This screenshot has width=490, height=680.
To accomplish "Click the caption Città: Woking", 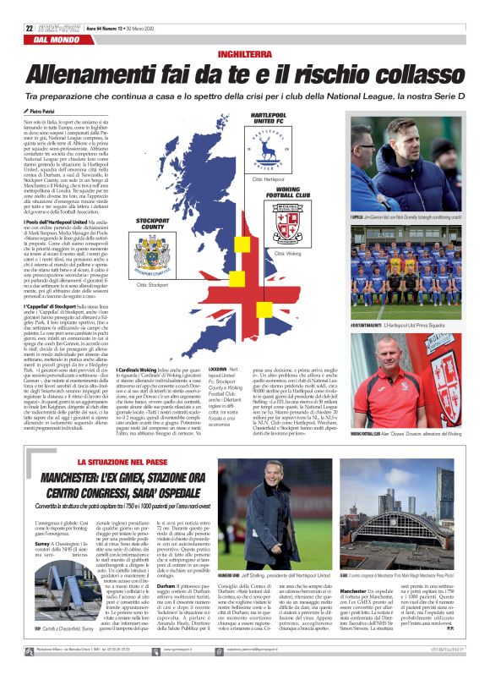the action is tap(290, 253).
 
